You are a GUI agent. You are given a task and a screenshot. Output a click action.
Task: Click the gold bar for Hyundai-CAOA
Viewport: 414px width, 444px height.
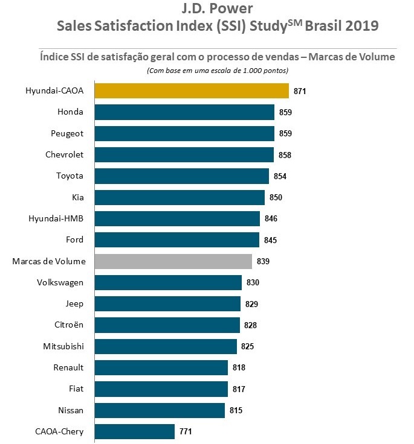tap(192, 90)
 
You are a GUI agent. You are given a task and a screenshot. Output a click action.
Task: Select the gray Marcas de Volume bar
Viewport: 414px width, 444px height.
tap(173, 261)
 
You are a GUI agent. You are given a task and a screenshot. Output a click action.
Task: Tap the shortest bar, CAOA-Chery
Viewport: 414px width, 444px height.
tap(135, 431)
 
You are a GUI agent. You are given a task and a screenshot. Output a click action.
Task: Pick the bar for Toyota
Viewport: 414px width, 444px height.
tap(181, 176)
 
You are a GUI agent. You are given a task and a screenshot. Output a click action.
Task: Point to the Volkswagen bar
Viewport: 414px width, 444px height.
tap(168, 282)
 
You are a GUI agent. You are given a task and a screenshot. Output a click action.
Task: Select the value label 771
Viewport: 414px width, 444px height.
tap(185, 432)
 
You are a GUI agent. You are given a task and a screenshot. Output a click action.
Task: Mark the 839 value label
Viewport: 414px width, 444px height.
tap(263, 262)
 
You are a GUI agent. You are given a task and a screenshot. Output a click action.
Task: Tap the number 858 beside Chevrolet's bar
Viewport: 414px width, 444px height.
tap(285, 155)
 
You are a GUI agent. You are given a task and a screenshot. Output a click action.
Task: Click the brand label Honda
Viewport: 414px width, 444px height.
tap(70, 112)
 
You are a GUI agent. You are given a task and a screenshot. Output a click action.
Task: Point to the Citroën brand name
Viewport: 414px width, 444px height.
tap(68, 325)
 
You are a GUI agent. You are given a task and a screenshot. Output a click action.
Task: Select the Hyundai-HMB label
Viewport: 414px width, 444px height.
tap(56, 218)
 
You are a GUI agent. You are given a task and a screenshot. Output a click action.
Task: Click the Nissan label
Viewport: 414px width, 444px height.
tap(70, 410)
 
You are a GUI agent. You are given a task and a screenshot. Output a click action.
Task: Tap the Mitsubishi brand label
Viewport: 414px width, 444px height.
tap(63, 346)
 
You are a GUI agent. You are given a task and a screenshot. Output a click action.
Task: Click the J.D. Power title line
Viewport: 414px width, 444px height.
tap(217, 9)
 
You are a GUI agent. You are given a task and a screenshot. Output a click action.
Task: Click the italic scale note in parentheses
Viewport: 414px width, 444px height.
tap(217, 71)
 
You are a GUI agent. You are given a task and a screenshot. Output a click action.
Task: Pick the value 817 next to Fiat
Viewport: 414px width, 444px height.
tap(238, 389)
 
